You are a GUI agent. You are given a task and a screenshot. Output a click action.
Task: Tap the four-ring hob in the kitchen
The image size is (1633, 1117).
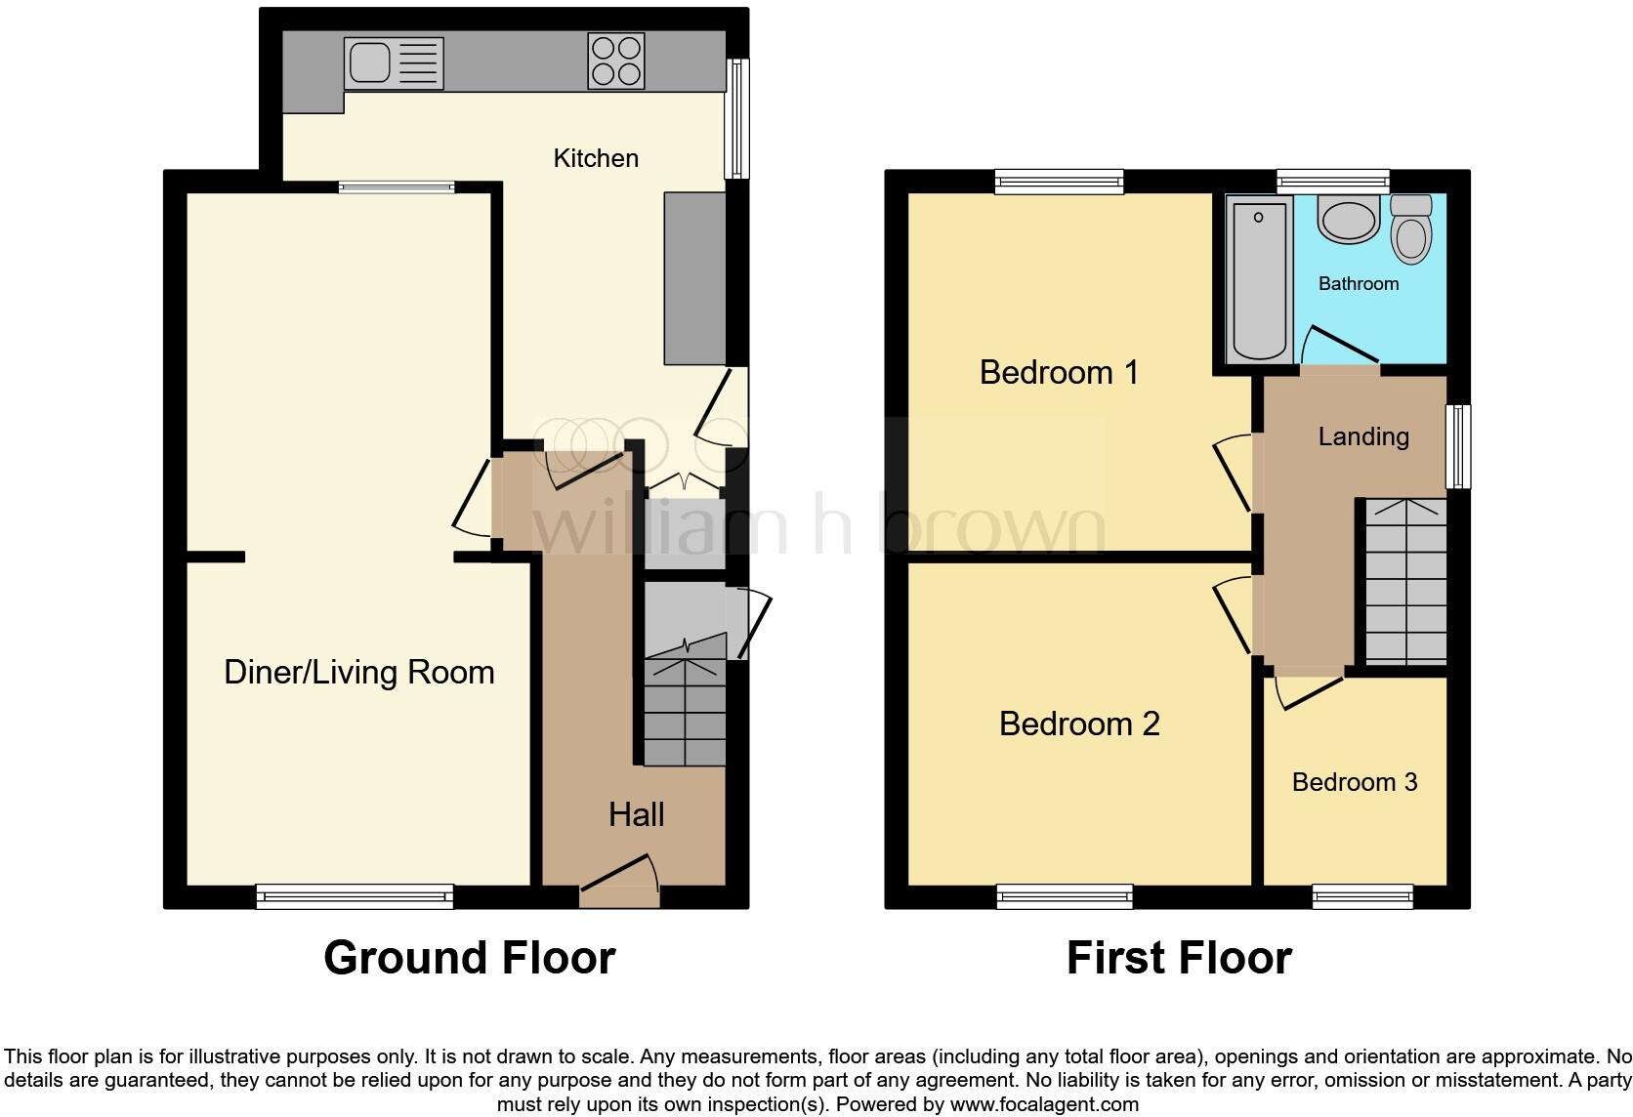point(616,62)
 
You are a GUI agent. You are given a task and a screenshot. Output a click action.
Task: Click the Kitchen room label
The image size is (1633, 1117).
point(596,158)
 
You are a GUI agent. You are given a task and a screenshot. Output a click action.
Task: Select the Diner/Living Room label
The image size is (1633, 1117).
point(358,672)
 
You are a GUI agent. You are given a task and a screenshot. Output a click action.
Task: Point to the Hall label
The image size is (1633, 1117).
point(636,814)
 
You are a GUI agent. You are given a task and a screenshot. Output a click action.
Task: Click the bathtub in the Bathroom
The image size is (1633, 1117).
point(1258,278)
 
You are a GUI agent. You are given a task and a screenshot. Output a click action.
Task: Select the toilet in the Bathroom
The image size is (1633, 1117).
point(1410,228)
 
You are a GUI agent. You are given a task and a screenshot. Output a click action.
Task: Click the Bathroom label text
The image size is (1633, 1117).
point(1358,283)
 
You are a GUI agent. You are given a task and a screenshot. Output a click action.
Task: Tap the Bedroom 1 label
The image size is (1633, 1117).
point(1059,372)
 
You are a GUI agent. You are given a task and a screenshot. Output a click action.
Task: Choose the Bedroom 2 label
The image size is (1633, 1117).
point(1079,724)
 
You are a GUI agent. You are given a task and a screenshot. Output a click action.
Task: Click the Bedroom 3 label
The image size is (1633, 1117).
point(1354,782)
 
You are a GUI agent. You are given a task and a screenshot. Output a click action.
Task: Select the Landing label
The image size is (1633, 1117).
point(1362,436)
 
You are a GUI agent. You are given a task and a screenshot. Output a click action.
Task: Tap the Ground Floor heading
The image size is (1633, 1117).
point(469,958)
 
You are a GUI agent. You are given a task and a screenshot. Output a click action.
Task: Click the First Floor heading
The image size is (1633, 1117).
point(1178,958)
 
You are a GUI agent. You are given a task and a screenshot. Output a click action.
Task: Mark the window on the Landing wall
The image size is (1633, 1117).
point(1457,446)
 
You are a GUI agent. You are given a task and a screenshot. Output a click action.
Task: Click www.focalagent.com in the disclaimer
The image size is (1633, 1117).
point(1044,1104)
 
